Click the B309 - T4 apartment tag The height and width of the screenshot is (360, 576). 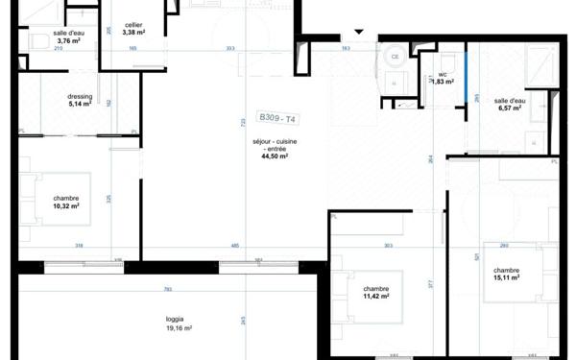[x=278, y=119]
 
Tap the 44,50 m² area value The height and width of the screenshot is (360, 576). [x=276, y=156]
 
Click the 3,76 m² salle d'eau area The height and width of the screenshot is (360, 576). [x=69, y=41]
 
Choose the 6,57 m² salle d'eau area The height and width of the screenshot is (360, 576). [x=510, y=108]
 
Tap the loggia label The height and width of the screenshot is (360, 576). [x=174, y=319]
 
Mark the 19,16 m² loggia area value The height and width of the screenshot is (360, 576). [x=179, y=327]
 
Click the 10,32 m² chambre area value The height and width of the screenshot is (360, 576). [x=66, y=205]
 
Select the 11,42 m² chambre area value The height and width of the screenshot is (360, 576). [x=375, y=297]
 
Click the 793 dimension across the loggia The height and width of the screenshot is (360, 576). [x=167, y=289]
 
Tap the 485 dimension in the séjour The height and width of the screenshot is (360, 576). [x=235, y=247]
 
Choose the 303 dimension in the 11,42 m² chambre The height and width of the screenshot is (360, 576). [x=388, y=247]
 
